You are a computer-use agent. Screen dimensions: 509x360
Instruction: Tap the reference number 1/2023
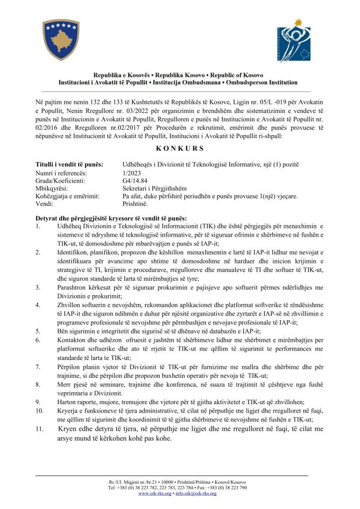pyautogui.click(x=131, y=172)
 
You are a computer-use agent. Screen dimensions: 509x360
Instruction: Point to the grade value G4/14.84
pyautogui.click(x=135, y=180)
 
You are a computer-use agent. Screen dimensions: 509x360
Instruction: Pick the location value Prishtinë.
pyautogui.click(x=135, y=204)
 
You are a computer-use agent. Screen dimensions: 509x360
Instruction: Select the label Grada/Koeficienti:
pyautogui.click(x=61, y=180)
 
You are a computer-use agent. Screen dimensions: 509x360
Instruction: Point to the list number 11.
pyautogui.click(x=39, y=430)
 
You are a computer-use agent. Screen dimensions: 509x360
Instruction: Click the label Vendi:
pyautogui.click(x=44, y=204)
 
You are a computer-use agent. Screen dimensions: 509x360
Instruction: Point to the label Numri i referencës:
pyautogui.click(x=61, y=172)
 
